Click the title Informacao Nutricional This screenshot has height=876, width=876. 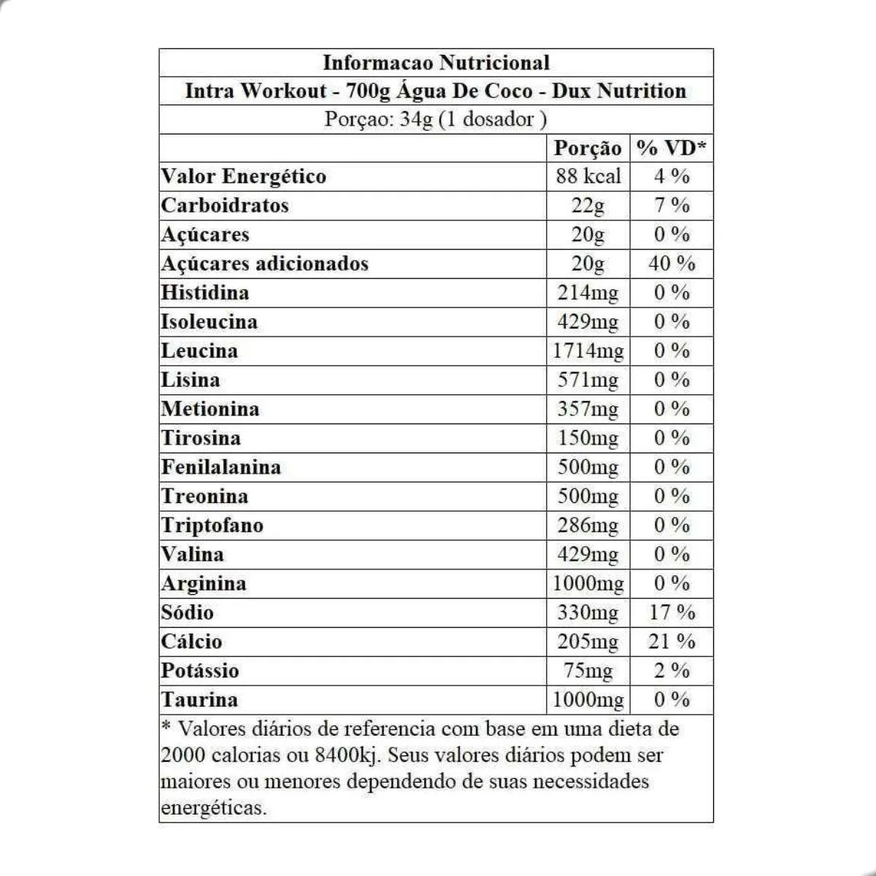click(x=436, y=63)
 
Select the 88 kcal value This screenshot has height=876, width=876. click(x=588, y=176)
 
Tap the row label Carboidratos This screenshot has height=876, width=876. click(x=225, y=205)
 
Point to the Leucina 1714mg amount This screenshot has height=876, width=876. click(x=588, y=351)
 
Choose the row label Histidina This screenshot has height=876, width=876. click(x=205, y=293)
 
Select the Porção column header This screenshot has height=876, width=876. click(x=588, y=148)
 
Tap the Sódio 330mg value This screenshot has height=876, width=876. click(x=588, y=612)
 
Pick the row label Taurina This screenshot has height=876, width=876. click(x=200, y=700)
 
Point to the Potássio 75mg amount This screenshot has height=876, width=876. click(x=588, y=671)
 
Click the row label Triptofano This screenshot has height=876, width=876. click(x=212, y=526)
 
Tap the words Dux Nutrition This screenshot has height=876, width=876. click(x=619, y=91)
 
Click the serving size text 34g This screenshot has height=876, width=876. click(x=416, y=119)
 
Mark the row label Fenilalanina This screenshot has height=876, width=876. click(x=221, y=467)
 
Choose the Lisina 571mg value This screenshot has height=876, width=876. click(x=588, y=380)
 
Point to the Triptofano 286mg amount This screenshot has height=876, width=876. click(x=588, y=526)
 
